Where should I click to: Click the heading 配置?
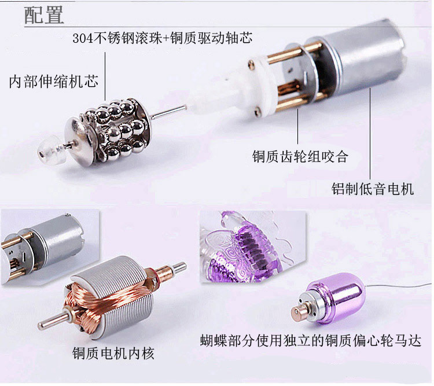click(44, 15)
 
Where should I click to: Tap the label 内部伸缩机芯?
click(53, 82)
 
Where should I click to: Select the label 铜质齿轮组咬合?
click(300, 156)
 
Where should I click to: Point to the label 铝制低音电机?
click(373, 189)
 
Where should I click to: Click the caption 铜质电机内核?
click(113, 354)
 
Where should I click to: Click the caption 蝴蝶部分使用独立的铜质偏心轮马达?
click(311, 340)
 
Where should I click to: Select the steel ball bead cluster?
click(117, 130)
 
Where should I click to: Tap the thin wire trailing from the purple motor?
click(399, 286)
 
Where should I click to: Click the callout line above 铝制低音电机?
click(370, 134)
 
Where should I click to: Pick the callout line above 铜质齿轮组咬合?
click(298, 126)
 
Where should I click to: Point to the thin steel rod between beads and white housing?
click(168, 112)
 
